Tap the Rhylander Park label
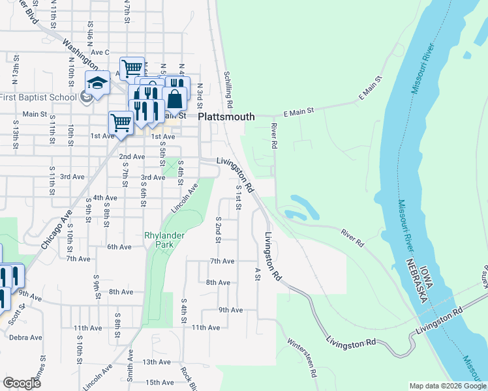tap(159, 240)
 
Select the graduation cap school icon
tap(97, 83)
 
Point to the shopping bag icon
tap(175, 100)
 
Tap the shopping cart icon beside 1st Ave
tap(121, 122)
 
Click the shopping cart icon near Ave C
tap(132, 68)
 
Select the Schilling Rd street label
tap(228, 90)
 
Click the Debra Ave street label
tap(25, 338)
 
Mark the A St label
tap(258, 274)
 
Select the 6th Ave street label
tap(120, 247)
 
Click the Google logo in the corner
tap(22, 383)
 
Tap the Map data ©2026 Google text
tap(447, 386)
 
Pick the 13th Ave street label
tap(157, 362)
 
